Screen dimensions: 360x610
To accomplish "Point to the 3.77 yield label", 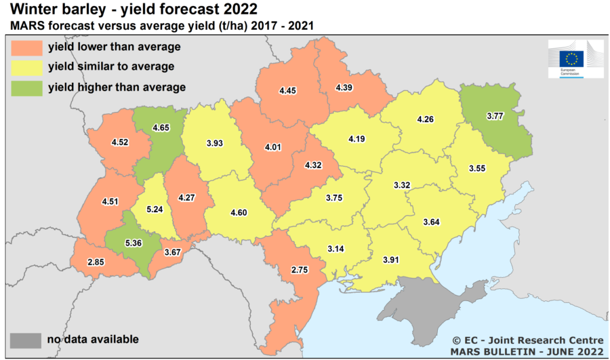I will point(495,116).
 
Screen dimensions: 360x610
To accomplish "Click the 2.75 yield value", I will point(299,269).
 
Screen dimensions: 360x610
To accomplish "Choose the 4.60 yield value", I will point(238,213).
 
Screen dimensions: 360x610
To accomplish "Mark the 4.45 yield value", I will point(288,91).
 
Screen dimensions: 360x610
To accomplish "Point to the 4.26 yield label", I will point(425,119).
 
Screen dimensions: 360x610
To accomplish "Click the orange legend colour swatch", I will point(26,47).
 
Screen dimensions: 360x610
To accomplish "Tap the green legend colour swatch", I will point(26,88).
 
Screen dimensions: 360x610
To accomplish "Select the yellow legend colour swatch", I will point(26,67).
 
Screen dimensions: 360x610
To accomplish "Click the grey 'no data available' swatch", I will point(26,340).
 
